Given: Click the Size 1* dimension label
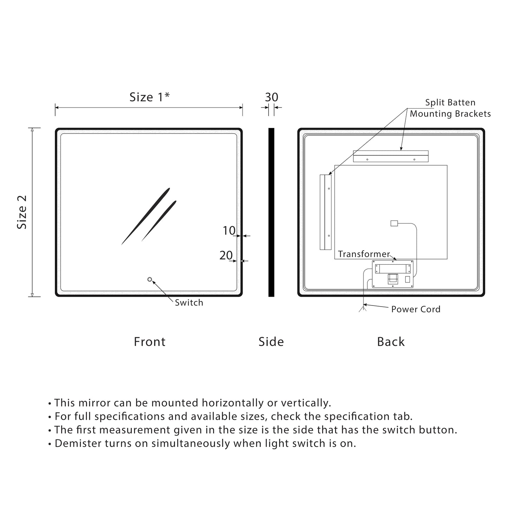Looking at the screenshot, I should (149, 97).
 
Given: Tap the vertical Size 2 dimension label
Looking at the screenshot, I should (22, 212).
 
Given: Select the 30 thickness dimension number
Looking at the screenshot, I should (271, 97).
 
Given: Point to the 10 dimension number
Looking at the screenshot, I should (229, 231).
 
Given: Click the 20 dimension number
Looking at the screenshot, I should (226, 255).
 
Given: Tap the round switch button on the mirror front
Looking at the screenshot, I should (150, 279).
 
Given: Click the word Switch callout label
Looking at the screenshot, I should (189, 303).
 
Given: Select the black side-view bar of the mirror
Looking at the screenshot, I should (271, 212).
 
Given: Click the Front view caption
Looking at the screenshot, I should (149, 342).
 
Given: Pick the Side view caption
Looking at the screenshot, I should (271, 342).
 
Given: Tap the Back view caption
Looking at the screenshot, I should (391, 342).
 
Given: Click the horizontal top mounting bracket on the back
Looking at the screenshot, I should (391, 156).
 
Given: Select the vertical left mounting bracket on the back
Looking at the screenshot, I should (326, 212).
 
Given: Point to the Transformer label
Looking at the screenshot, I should (364, 254).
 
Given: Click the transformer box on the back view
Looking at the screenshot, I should (393, 274).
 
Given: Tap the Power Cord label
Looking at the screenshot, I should (416, 309).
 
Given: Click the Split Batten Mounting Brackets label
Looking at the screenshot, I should (450, 108).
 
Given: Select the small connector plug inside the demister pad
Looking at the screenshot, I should (394, 223).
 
